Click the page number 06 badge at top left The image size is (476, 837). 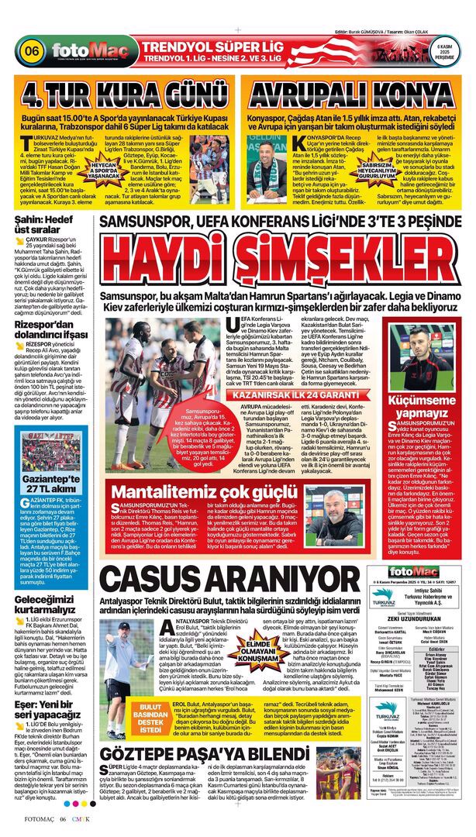(x=33, y=51)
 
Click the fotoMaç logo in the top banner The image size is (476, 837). (x=80, y=53)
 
